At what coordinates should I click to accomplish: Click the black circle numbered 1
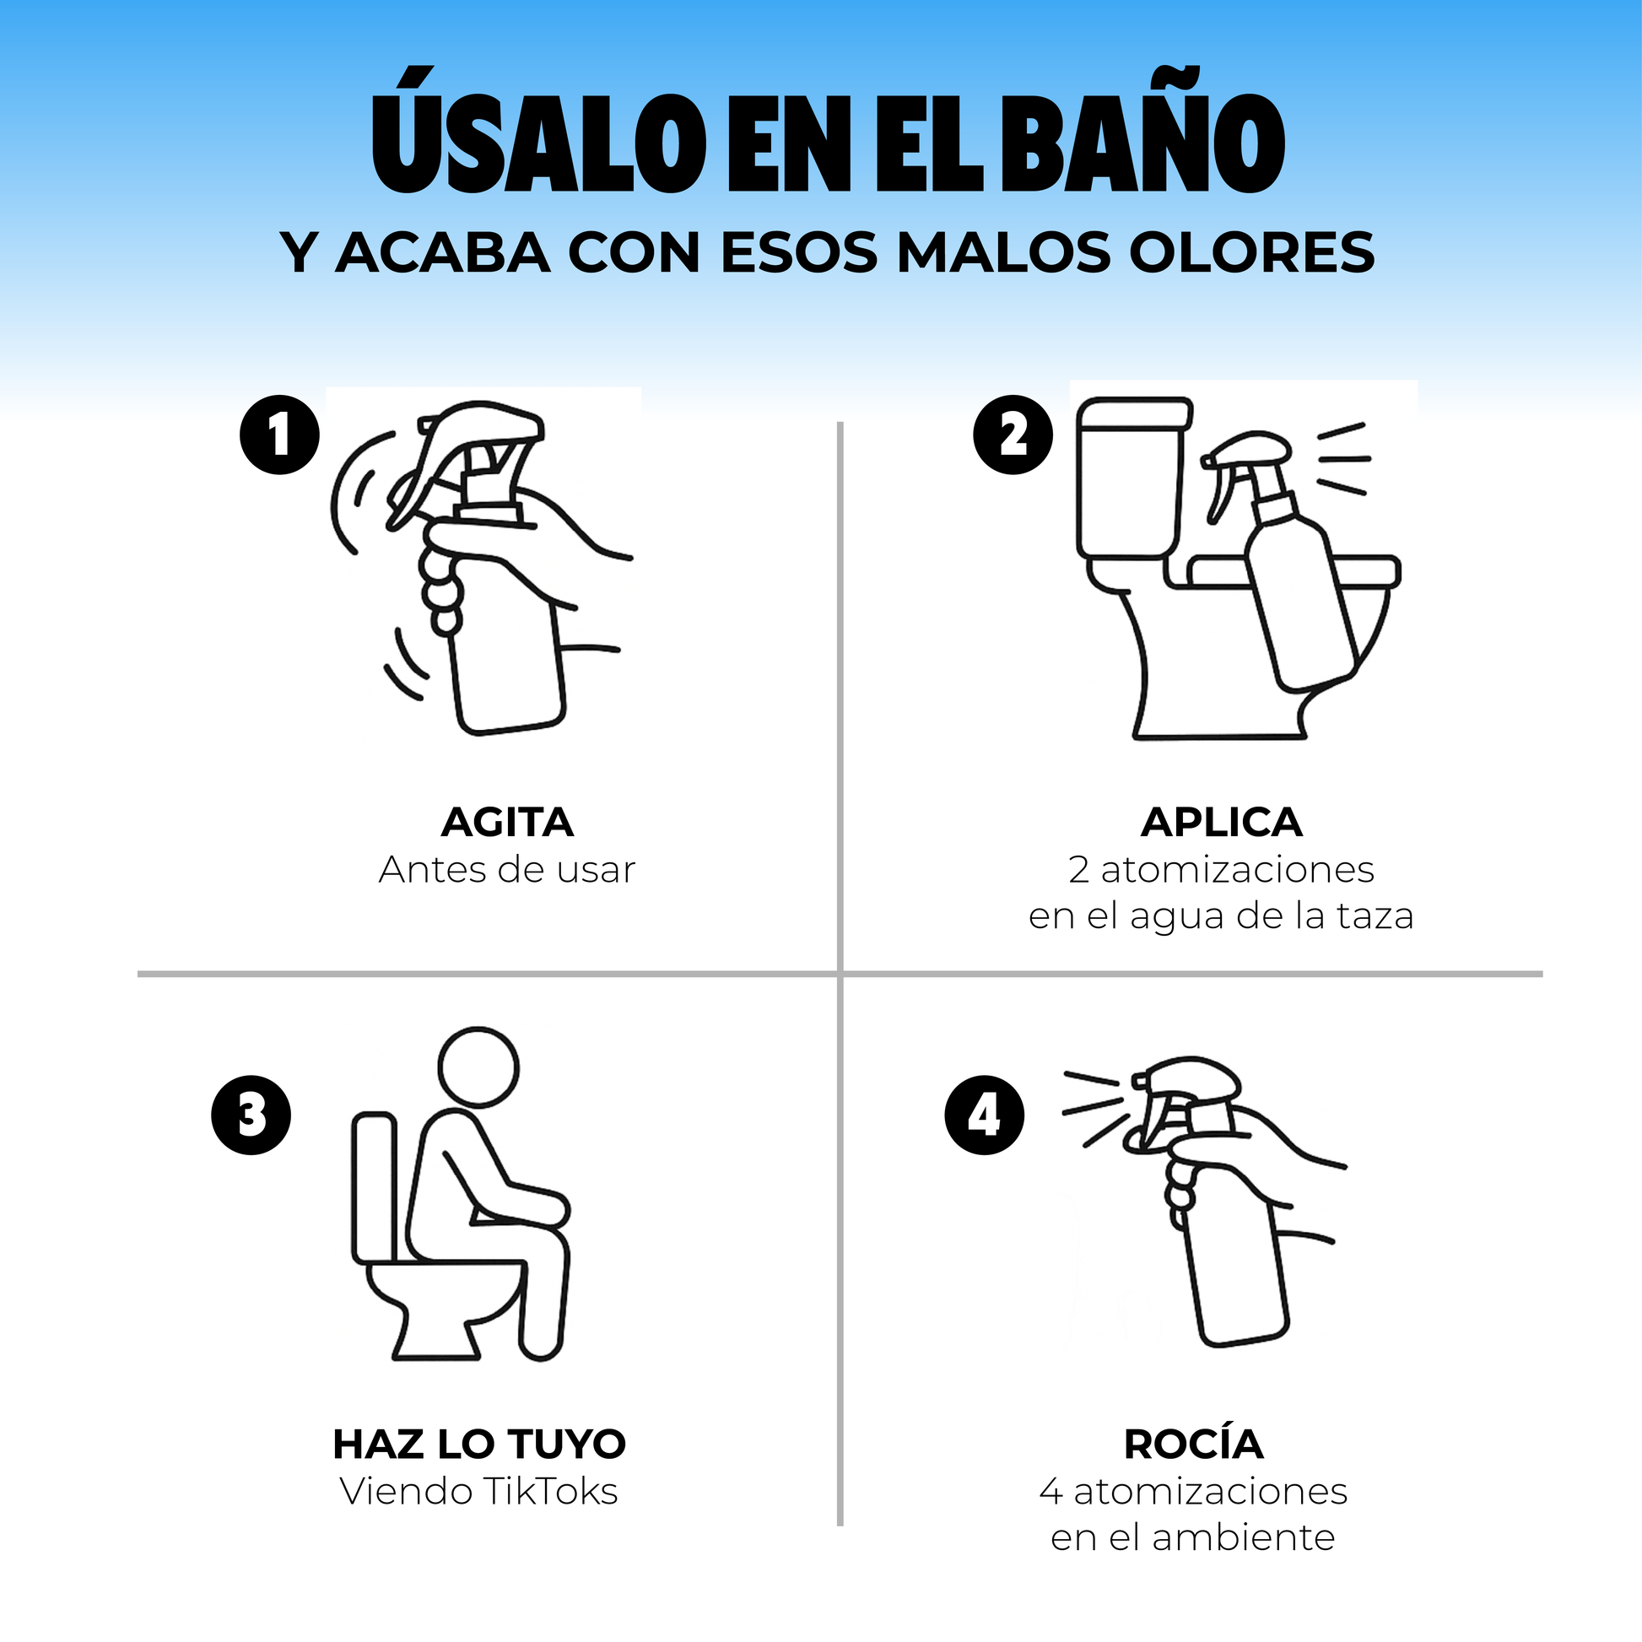pos(279,435)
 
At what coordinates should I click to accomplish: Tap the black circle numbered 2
pos(1013,435)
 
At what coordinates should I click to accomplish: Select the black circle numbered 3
pos(251,1115)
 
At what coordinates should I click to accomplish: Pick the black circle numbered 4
pos(984,1115)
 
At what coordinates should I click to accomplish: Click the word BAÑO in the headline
pos(1142,132)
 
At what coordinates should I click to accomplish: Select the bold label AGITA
pos(507,822)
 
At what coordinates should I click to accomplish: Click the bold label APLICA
pos(1221,822)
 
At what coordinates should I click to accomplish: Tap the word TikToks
pos(550,1492)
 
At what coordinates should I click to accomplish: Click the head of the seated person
pos(478,1067)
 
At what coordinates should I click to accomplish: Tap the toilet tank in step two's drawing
pos(1135,478)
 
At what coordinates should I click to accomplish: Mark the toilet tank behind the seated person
pos(375,1187)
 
